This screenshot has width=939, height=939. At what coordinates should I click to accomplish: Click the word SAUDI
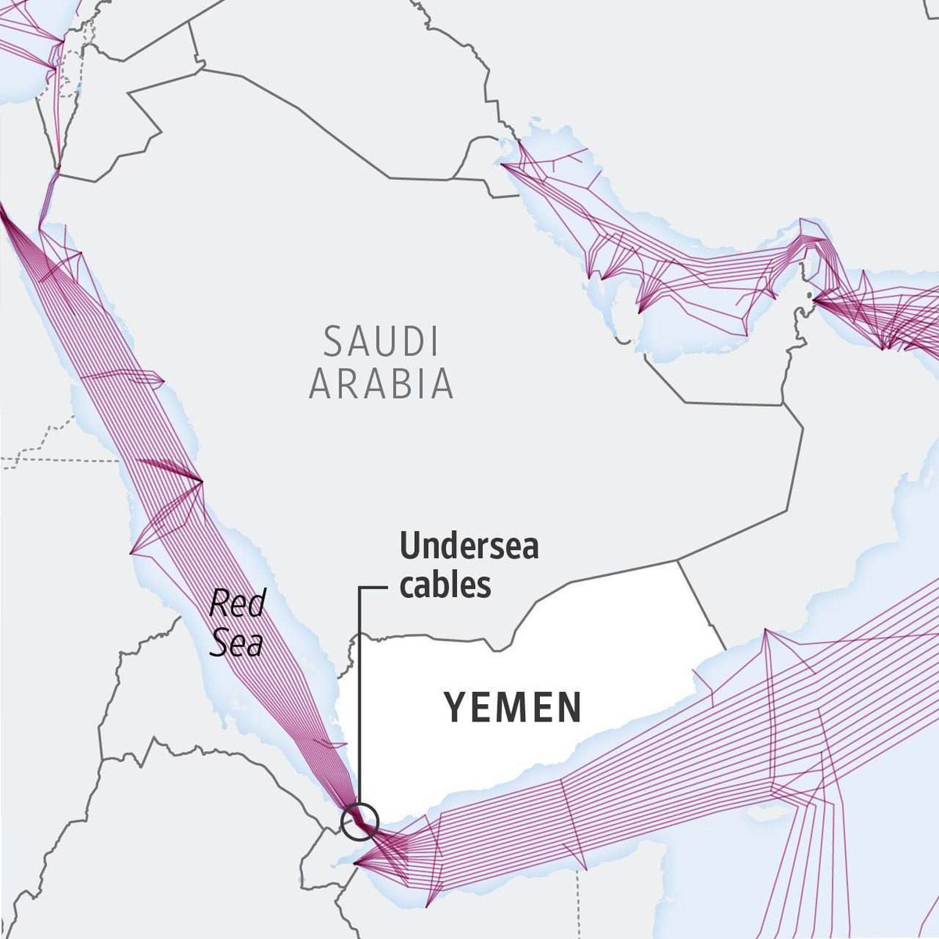coord(381,343)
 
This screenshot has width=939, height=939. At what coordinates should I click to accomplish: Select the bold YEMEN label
coord(513,707)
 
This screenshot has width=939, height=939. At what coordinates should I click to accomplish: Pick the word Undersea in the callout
coord(469,546)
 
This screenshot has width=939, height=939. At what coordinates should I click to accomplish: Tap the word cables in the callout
coord(445,585)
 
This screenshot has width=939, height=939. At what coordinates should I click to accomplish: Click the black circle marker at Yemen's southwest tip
coord(360,822)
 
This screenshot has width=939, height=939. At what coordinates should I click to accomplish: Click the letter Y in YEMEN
coord(456,707)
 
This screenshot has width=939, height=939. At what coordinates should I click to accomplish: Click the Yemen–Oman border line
coord(700,603)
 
